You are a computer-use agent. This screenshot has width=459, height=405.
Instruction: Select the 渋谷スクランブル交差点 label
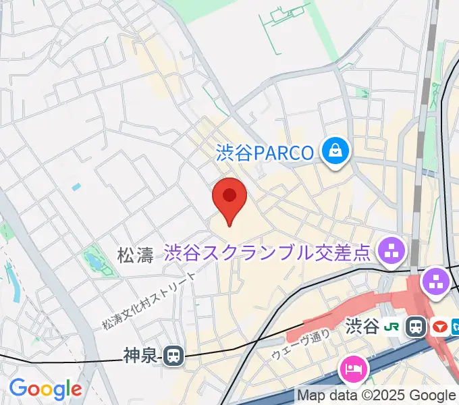pyautogui.click(x=267, y=252)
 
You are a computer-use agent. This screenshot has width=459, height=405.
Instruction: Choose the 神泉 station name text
pyautogui.click(x=140, y=354)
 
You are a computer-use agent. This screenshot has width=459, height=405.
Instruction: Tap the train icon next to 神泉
pyautogui.click(x=174, y=354)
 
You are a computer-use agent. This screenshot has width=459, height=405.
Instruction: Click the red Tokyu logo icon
pyautogui.click(x=440, y=327)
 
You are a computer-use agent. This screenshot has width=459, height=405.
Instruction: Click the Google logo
pyautogui.click(x=45, y=389)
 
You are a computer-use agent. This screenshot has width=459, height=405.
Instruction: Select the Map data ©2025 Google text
pyautogui.click(x=376, y=396)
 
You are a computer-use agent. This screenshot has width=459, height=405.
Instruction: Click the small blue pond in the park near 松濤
pyautogui.click(x=91, y=261)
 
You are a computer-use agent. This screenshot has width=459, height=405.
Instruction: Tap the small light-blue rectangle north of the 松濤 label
pyautogui.click(x=76, y=186)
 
